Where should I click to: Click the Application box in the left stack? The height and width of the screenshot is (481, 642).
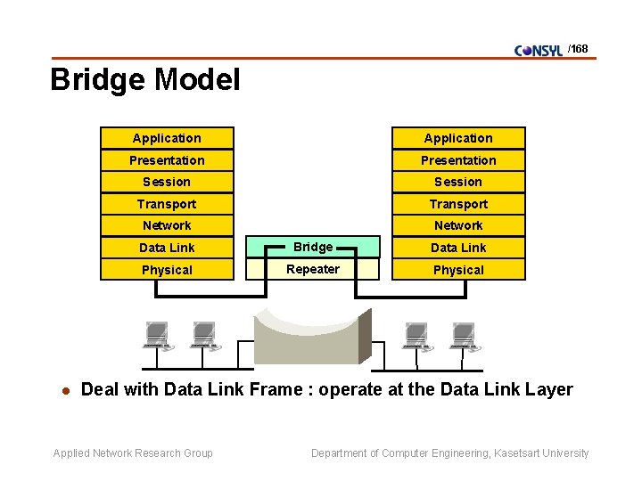click(167, 138)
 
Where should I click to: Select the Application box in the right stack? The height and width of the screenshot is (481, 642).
click(458, 138)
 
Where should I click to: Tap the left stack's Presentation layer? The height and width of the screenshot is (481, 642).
click(167, 160)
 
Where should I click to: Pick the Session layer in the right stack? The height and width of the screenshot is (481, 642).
click(458, 182)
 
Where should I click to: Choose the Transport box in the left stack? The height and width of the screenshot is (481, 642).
click(167, 204)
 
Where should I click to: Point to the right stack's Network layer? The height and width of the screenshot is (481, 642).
click(458, 225)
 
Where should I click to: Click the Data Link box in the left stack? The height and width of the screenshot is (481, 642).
click(167, 248)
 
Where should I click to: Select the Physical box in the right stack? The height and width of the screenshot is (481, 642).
click(458, 270)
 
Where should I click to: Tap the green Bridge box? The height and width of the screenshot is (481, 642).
click(313, 247)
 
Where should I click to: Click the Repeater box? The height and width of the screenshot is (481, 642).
click(313, 269)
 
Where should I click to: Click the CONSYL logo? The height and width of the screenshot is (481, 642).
click(539, 51)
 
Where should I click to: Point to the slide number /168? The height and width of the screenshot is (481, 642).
click(579, 49)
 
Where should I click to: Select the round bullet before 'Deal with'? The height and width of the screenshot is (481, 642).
click(62, 390)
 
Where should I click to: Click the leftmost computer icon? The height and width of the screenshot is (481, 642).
click(156, 336)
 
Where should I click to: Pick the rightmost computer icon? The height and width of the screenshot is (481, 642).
click(464, 336)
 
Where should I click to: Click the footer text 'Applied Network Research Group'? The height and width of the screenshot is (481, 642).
click(133, 453)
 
